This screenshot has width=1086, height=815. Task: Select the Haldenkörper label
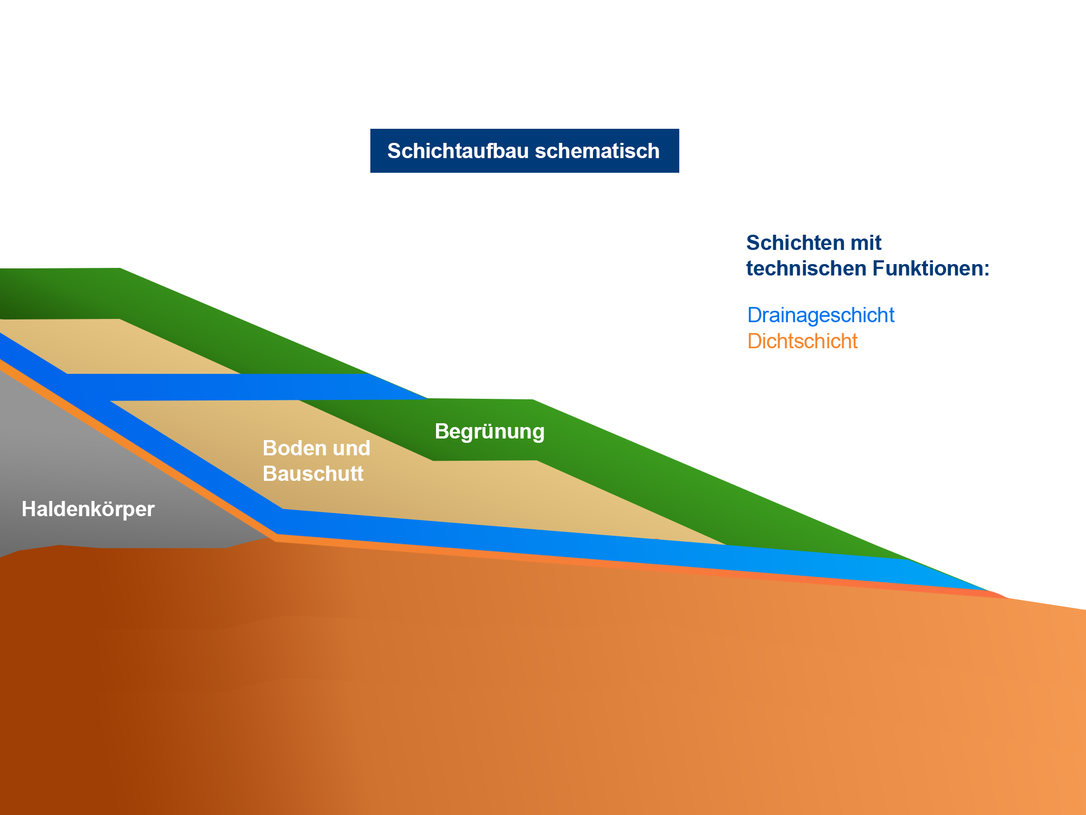point(88,509)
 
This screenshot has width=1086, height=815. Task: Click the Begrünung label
point(489,431)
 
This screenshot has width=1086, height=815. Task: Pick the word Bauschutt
point(313,474)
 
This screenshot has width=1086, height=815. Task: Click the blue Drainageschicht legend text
point(820,316)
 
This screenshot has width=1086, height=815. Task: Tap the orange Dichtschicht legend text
point(803,341)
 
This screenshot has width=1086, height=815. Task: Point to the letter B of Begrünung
point(441,431)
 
